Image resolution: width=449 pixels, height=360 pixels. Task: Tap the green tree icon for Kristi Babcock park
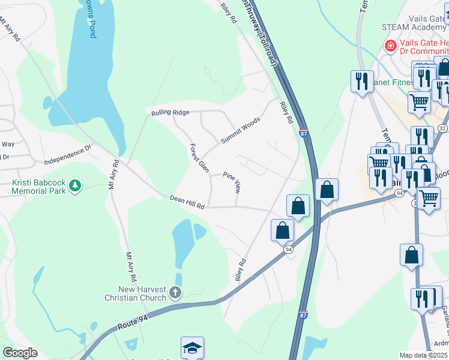75,186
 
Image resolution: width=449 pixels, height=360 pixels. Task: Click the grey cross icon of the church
175,293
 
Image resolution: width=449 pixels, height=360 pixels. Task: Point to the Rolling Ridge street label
170,112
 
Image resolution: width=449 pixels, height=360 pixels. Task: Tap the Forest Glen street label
199,158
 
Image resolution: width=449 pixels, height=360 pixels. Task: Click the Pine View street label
232,182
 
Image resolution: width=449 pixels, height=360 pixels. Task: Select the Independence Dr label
67,154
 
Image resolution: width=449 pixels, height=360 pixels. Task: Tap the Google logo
20,353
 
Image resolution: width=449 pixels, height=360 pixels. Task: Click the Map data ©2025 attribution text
424,355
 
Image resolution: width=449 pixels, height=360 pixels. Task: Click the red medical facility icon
390,46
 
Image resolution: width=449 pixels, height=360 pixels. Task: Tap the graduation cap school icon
192,347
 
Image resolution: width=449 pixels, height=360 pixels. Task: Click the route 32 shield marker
442,128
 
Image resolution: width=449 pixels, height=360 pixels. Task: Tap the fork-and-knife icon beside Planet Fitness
362,80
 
